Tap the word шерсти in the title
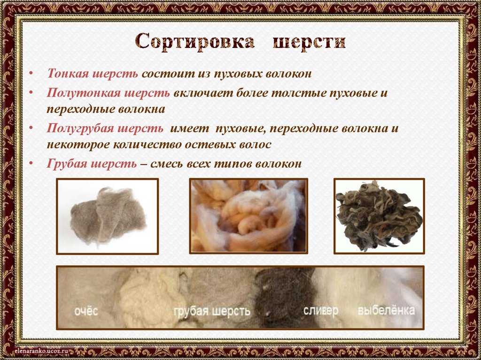[x=309, y=42]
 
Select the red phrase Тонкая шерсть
[x=92, y=74]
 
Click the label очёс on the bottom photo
[x=86, y=311]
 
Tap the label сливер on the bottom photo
[x=320, y=311]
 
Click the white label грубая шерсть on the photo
[x=212, y=312]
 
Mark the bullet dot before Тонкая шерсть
[x=31, y=74]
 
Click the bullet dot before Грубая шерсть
[x=31, y=164]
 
